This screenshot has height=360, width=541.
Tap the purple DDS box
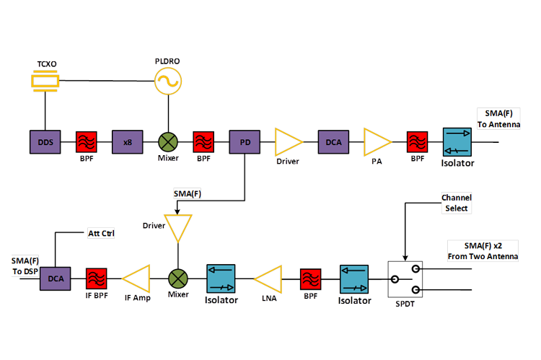click(x=45, y=142)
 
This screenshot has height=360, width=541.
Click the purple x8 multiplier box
click(x=127, y=142)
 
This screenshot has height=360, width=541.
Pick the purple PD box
click(x=245, y=142)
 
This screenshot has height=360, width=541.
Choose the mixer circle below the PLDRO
click(x=168, y=142)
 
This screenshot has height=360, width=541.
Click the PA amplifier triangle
click(x=374, y=142)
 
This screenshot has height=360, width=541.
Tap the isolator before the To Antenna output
click(x=457, y=142)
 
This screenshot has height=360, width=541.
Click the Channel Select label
click(x=456, y=203)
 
